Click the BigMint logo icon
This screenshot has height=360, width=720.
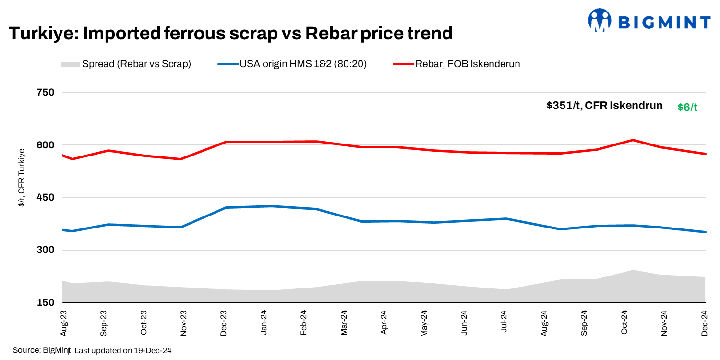(x=600, y=20)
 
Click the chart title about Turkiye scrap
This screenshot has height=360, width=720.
(x=230, y=33)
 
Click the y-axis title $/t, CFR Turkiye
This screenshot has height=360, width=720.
(x=21, y=178)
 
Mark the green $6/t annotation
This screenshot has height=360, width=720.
(x=687, y=107)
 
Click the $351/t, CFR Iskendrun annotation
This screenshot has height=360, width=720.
(x=604, y=106)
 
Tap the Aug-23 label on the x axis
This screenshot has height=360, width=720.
(x=64, y=323)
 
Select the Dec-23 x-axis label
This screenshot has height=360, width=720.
(x=224, y=323)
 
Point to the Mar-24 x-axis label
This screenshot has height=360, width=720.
(x=344, y=323)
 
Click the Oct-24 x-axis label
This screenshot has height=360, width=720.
(x=624, y=323)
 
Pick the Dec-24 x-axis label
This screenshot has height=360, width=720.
(x=705, y=323)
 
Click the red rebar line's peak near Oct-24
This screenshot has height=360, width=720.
(x=633, y=140)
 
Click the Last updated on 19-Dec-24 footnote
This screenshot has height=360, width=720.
(x=123, y=351)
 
